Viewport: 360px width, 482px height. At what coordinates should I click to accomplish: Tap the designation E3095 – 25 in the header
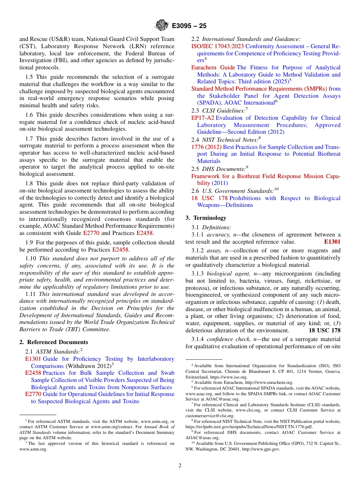click(189, 26)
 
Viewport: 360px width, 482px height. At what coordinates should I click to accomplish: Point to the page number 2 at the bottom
click(180, 465)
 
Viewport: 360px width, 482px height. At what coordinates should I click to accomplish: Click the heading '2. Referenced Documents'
click(51, 342)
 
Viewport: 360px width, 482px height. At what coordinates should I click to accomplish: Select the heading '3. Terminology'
click(206, 218)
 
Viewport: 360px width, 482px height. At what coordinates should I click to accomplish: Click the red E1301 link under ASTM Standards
click(33, 359)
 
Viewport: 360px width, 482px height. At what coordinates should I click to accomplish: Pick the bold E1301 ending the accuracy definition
click(332, 242)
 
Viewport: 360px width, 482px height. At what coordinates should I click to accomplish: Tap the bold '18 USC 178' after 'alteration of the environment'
click(324, 330)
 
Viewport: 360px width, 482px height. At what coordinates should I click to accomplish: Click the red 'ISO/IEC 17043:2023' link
click(218, 46)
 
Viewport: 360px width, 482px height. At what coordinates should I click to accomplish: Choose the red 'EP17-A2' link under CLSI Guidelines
click(202, 118)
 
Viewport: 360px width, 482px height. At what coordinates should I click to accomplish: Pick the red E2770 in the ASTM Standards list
click(33, 394)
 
